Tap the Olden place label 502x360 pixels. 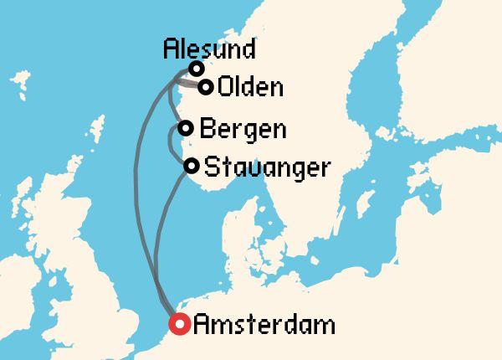coord(250,86)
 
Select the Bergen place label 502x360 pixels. coord(243,129)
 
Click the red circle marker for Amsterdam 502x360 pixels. coord(178,324)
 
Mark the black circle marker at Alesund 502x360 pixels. coord(197,69)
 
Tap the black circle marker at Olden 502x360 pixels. coord(205,85)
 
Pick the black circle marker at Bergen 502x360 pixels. coord(186,128)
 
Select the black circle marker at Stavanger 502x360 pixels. coord(192,165)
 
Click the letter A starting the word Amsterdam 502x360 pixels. coord(202,324)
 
